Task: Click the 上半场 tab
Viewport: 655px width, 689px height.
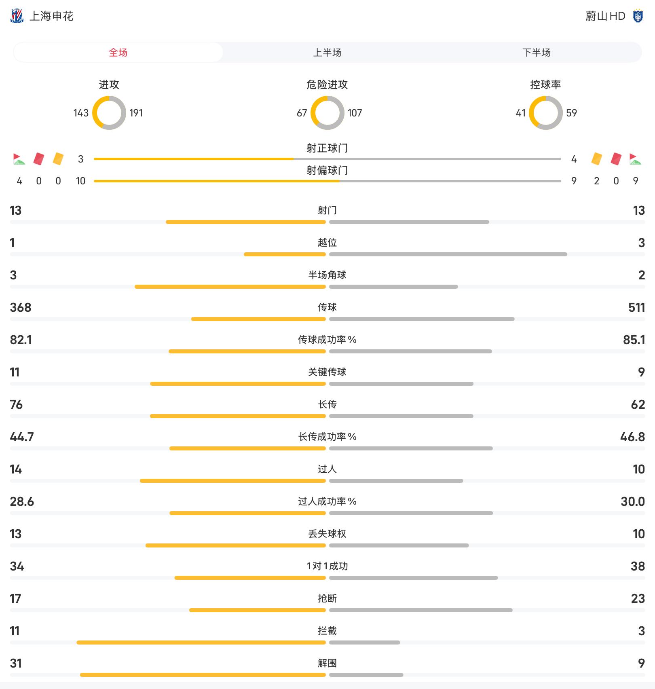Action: pyautogui.click(x=327, y=53)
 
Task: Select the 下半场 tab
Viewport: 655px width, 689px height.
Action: pyautogui.click(x=536, y=53)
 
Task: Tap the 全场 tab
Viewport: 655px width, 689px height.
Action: pyautogui.click(x=118, y=53)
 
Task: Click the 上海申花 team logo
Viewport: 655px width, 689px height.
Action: pyautogui.click(x=17, y=16)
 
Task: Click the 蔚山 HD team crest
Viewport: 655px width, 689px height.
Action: pyautogui.click(x=638, y=16)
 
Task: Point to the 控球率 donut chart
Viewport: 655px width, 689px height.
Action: pyautogui.click(x=545, y=113)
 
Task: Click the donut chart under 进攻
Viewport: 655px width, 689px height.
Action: pyautogui.click(x=109, y=113)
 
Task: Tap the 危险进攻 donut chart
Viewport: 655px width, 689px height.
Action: pyautogui.click(x=327, y=113)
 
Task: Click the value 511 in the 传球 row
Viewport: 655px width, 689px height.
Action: pyautogui.click(x=636, y=308)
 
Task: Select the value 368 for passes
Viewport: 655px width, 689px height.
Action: pyautogui.click(x=21, y=308)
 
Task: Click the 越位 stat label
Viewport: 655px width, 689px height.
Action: pyautogui.click(x=327, y=243)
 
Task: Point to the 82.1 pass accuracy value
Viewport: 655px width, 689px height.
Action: pyautogui.click(x=21, y=340)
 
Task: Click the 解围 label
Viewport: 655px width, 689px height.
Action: pyautogui.click(x=327, y=663)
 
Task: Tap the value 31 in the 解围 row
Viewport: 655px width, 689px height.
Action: pyautogui.click(x=16, y=664)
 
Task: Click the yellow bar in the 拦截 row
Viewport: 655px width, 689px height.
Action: pyautogui.click(x=201, y=643)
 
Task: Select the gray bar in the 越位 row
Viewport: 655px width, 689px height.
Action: pyautogui.click(x=448, y=254)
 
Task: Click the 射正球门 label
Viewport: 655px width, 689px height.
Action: pyautogui.click(x=327, y=148)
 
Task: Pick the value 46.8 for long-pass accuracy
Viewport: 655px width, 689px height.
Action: pyautogui.click(x=632, y=437)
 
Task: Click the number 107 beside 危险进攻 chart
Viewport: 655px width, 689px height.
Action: pyautogui.click(x=355, y=113)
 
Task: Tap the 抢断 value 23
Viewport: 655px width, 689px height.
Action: pyautogui.click(x=638, y=599)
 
